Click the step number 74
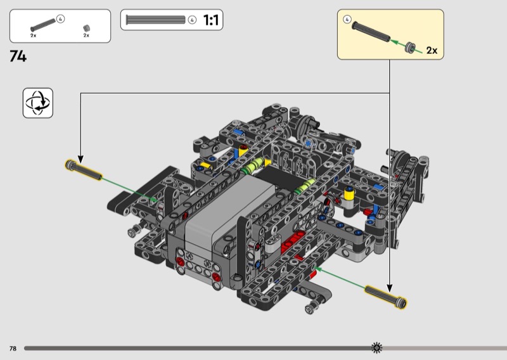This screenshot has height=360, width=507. pyautogui.click(x=18, y=56)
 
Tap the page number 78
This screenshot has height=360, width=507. pyautogui.click(x=13, y=349)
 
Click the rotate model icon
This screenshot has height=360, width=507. pyautogui.click(x=38, y=103)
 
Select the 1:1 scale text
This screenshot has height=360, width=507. pyautogui.click(x=211, y=20)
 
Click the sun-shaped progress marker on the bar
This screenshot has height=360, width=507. pyautogui.click(x=376, y=348)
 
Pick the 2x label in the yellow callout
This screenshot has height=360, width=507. pyautogui.click(x=432, y=51)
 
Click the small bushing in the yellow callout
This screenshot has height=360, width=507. pyautogui.click(x=410, y=48)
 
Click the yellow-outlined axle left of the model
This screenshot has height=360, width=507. pyautogui.click(x=84, y=170)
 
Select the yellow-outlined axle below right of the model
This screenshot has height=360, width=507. pyautogui.click(x=386, y=296)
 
